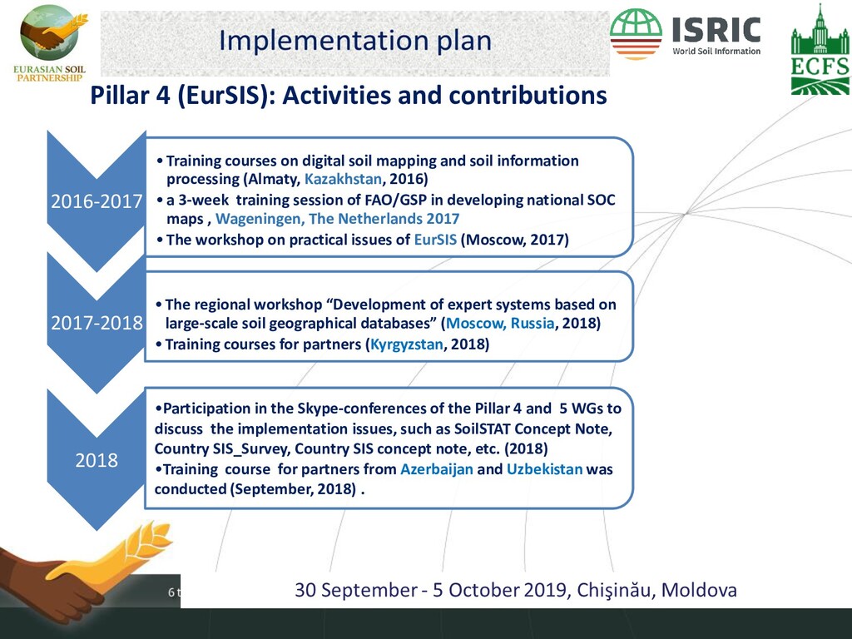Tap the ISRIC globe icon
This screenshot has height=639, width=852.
(x=636, y=33)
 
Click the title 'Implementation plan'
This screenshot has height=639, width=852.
(x=355, y=41)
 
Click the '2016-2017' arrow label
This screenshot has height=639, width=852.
(x=97, y=201)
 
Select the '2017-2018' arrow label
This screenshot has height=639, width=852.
(x=97, y=323)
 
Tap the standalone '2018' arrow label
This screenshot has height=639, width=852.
(x=97, y=460)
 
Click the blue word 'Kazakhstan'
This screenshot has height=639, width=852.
(x=343, y=179)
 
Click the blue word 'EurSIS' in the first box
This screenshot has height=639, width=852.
(x=435, y=240)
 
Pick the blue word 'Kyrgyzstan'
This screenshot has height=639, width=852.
(x=406, y=344)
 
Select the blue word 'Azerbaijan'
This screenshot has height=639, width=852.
(x=437, y=469)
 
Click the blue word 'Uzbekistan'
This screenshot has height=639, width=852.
(x=544, y=469)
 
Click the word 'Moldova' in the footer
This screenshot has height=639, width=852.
(x=699, y=590)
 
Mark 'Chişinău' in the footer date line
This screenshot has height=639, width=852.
(x=613, y=590)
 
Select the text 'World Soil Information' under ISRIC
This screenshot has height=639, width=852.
(x=716, y=51)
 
